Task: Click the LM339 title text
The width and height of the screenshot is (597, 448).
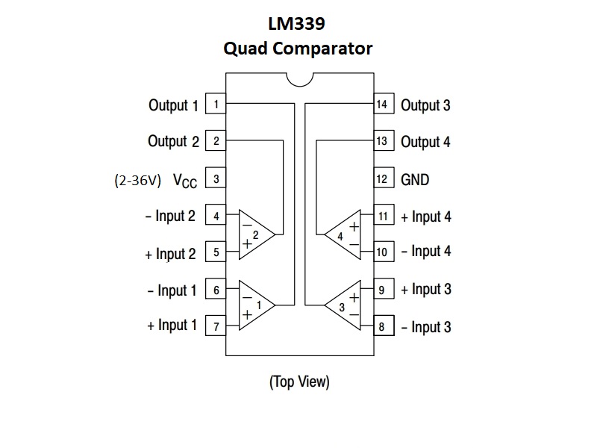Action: tap(298, 24)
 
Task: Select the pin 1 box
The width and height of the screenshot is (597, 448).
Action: tap(216, 104)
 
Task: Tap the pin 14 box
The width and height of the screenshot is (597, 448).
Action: tap(381, 104)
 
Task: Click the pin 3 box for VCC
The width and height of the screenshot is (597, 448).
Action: tap(216, 179)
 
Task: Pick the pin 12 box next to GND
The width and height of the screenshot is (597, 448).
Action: tap(381, 179)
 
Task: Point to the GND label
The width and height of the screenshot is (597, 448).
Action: tap(415, 179)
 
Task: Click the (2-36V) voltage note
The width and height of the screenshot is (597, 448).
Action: tap(137, 180)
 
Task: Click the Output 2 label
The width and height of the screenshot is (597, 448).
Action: tap(173, 141)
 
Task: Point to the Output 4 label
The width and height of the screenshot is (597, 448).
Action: tap(425, 141)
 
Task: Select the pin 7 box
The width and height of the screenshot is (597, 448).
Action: tap(216, 326)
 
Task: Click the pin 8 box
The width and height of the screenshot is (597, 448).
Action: tap(381, 326)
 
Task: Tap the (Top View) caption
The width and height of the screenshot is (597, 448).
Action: tap(298, 382)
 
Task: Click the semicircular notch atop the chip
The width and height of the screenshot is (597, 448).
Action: tap(298, 78)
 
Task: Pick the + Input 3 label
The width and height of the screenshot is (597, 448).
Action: tap(425, 289)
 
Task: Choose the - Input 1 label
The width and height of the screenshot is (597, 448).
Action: tap(172, 290)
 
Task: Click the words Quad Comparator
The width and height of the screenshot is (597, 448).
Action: tap(298, 49)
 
